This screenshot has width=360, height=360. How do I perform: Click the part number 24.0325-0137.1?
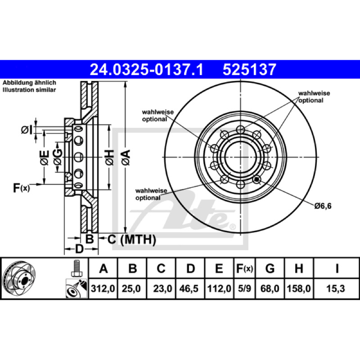[147, 70]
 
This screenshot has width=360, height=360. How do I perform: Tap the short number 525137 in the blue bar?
[249, 70]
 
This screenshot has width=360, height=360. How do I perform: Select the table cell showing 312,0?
[103, 288]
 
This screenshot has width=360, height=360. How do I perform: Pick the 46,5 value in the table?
[189, 288]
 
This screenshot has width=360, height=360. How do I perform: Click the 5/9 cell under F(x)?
[244, 288]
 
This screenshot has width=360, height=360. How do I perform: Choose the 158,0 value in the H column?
[299, 288]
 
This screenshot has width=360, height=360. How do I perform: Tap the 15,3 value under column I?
[336, 288]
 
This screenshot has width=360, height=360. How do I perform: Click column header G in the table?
[270, 268]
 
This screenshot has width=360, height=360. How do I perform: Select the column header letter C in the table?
[161, 268]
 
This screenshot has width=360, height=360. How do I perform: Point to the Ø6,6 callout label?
[323, 206]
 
